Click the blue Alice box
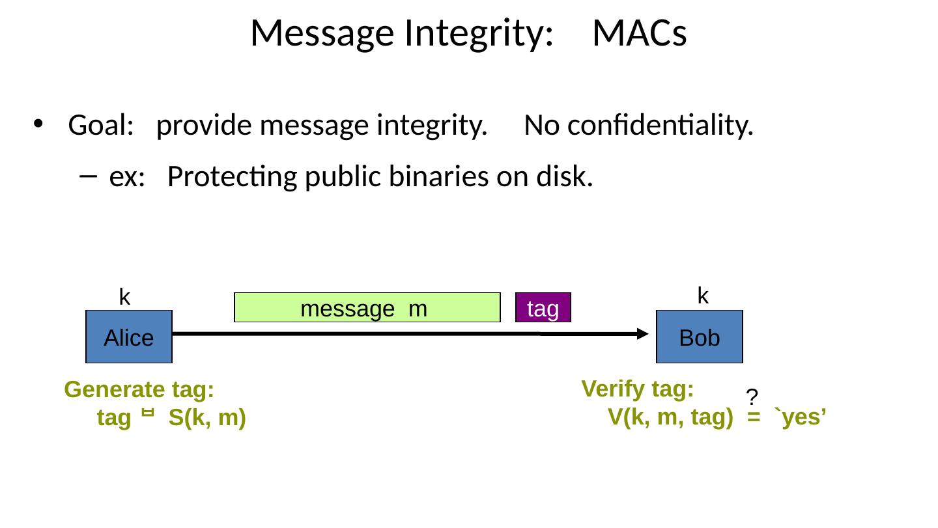pyautogui.click(x=128, y=337)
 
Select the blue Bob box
pyautogui.click(x=699, y=337)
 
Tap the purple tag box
pyautogui.click(x=543, y=309)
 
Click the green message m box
pyautogui.click(x=367, y=309)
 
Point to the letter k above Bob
pyautogui.click(x=703, y=296)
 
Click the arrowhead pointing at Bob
pyautogui.click(x=642, y=334)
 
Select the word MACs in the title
pyautogui.click(x=639, y=34)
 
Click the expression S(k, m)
pyautogui.click(x=206, y=418)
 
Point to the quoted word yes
pyautogui.click(x=801, y=417)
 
